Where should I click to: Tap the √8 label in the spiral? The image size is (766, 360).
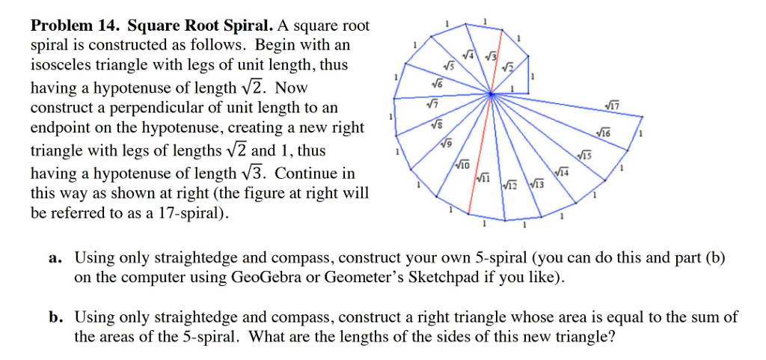436,126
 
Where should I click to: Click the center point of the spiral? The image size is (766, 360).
491,94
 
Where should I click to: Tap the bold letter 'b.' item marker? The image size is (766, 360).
55,317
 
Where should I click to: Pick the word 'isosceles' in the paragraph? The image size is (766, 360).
58,65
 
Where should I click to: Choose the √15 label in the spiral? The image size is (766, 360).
586,156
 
